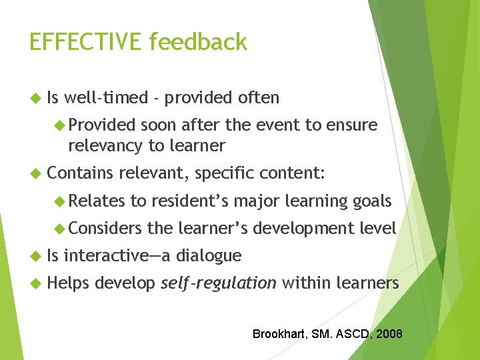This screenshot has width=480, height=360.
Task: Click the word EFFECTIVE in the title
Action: click(x=86, y=42)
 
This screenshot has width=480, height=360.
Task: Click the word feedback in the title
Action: click(x=198, y=42)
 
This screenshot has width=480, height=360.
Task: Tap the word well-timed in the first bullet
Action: click(x=107, y=98)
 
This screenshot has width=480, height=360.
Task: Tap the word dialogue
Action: click(x=209, y=255)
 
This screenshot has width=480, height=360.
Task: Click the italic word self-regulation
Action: click(x=219, y=283)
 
